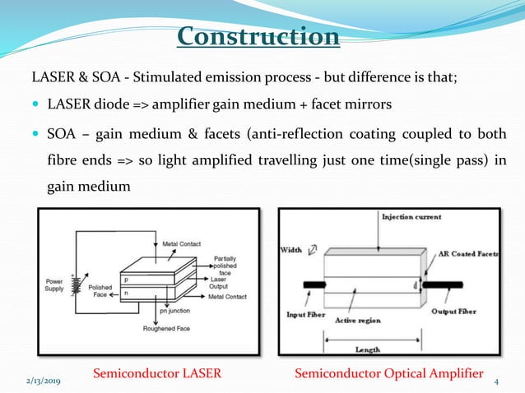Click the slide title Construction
point(258,37)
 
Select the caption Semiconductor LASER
point(157,373)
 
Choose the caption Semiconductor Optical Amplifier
point(388,373)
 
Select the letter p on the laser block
point(125,280)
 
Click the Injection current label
point(411,217)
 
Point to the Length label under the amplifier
point(367,349)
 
